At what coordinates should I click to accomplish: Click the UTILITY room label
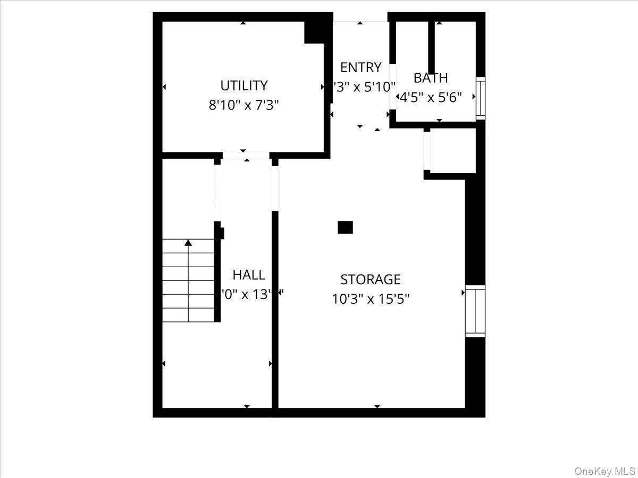tap(244, 86)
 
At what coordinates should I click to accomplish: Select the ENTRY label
tap(360, 67)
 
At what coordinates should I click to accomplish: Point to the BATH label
tap(431, 78)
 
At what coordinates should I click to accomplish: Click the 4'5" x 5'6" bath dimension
tap(431, 97)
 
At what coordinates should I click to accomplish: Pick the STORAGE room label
tap(370, 279)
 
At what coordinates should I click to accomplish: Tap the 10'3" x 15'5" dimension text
tap(370, 299)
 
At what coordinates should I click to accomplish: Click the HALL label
tap(249, 275)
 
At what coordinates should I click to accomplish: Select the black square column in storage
tap(345, 227)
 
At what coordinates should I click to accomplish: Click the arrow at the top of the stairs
tap(188, 243)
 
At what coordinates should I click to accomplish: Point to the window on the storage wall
tap(475, 311)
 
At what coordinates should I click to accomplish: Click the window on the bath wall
tap(480, 98)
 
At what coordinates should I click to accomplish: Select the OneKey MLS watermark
tap(606, 471)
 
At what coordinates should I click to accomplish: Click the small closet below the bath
tap(452, 151)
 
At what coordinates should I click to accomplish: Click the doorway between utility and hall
tap(246, 156)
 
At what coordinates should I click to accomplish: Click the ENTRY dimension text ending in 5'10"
tap(365, 87)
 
